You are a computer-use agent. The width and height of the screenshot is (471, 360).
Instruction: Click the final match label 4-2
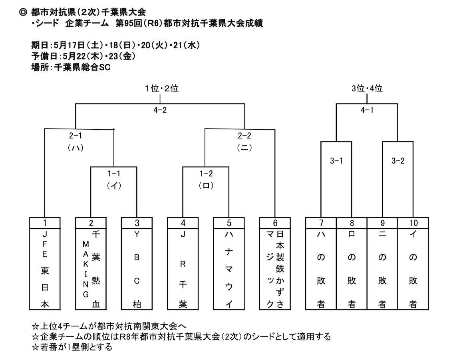click(x=160, y=111)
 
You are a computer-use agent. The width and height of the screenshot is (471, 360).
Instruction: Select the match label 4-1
click(x=367, y=111)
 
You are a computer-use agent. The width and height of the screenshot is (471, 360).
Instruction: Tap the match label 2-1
click(x=75, y=136)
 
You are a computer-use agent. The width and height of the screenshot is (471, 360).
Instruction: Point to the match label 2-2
click(x=244, y=136)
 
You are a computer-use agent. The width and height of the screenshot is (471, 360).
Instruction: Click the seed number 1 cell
click(x=44, y=223)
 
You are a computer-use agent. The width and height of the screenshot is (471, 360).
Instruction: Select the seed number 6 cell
click(x=275, y=223)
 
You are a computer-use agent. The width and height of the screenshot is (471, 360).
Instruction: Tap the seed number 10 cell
click(x=413, y=223)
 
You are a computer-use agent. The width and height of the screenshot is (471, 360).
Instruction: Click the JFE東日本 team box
click(x=44, y=269)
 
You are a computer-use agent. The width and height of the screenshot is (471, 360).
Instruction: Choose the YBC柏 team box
click(x=137, y=269)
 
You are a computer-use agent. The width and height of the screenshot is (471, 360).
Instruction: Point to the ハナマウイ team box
click(x=229, y=269)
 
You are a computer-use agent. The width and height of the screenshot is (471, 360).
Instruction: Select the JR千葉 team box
click(x=183, y=269)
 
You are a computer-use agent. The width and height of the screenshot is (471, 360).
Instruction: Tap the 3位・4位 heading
click(x=367, y=89)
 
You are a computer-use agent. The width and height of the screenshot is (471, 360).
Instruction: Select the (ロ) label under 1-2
click(x=206, y=186)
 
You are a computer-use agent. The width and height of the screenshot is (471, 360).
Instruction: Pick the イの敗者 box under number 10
click(x=413, y=269)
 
